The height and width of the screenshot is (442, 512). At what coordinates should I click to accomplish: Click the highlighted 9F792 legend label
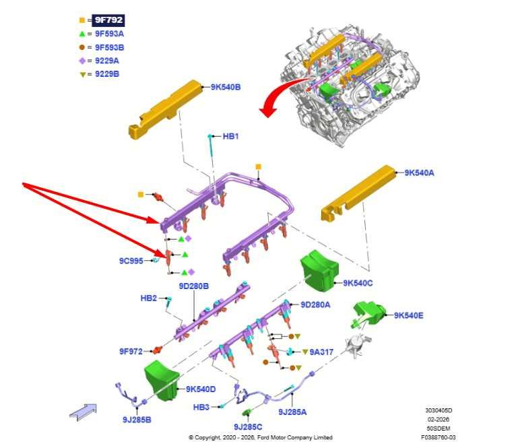pos(108,20)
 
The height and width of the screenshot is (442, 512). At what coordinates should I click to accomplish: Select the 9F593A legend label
pos(109,34)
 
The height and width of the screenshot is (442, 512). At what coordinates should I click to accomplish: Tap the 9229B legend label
pos(107,74)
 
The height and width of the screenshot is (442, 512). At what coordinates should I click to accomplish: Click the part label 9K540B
pos(226,87)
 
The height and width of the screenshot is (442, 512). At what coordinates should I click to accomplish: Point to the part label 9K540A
pos(419,172)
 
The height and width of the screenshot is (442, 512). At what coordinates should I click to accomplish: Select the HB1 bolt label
pos(230,136)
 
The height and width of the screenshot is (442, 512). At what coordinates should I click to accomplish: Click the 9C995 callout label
pos(131,261)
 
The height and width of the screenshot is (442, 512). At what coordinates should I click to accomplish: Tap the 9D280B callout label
pos(193,286)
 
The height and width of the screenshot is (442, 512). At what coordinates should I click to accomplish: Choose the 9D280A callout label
pos(315,305)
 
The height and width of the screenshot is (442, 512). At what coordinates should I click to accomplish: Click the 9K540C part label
pos(358,283)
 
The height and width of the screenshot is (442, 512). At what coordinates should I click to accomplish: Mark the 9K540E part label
pos(408,315)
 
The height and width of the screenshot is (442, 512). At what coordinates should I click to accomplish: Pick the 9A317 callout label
pos(321,352)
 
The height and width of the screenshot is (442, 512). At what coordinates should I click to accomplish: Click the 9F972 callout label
pos(131,352)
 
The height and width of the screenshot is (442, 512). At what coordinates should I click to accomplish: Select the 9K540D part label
pos(201,389)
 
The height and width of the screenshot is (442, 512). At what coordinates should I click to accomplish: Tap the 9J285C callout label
pos(248,427)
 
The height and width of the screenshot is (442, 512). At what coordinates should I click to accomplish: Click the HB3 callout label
pos(201,407)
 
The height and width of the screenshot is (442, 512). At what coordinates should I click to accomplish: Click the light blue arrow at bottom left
pos(84,412)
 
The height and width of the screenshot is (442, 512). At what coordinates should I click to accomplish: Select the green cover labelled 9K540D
pos(162,381)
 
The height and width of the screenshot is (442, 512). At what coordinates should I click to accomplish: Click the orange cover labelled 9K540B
pos(166,109)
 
